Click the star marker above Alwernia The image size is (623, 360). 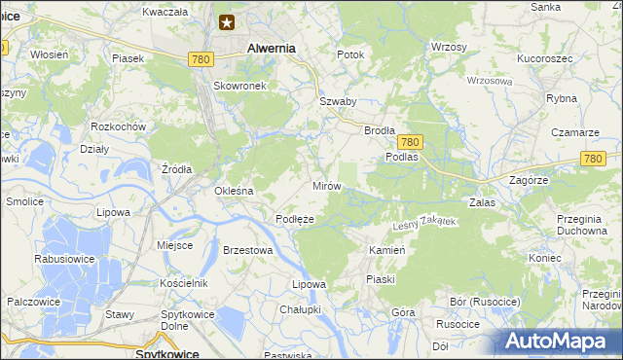tap(227, 22)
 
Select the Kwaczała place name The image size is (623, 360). tap(164, 12)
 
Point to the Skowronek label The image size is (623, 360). tap(239, 85)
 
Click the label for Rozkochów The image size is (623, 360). tap(118, 127)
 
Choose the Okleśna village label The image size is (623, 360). tap(234, 191)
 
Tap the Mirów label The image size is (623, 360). tap(324, 185)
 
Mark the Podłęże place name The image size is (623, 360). tap(294, 219)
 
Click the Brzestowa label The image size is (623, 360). tap(247, 250)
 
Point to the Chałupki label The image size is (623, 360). tap(300, 308)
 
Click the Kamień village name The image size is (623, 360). tap(386, 250)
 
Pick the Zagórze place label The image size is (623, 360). tap(529, 181)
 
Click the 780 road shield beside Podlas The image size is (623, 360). tap(410, 141)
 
